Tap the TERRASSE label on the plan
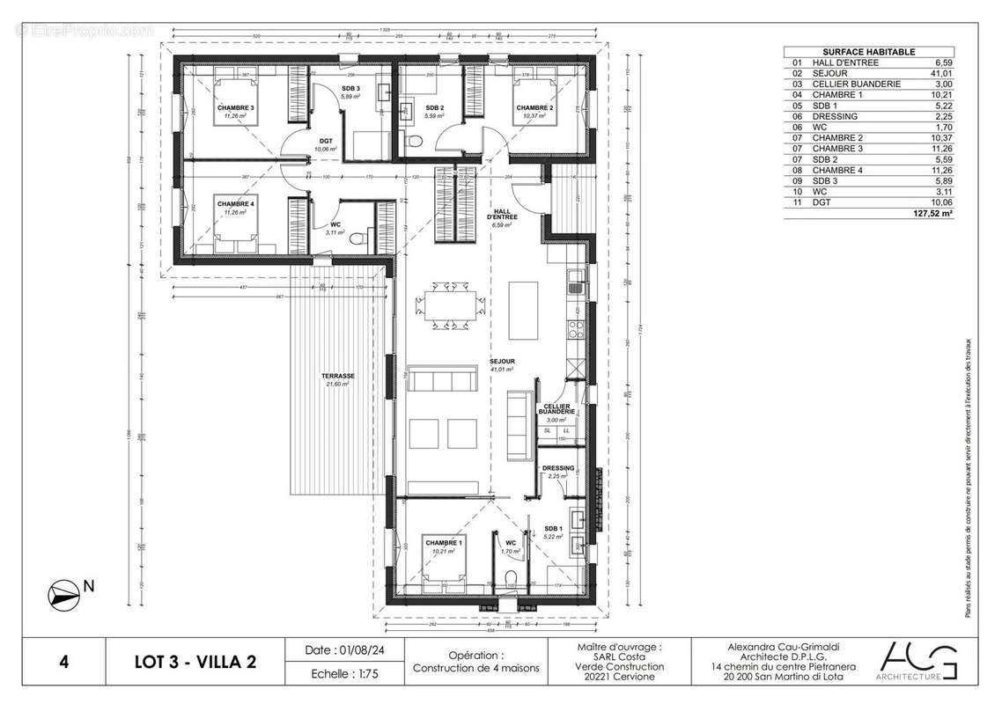pyautogui.click(x=336, y=376)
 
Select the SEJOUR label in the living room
pyautogui.click(x=503, y=362)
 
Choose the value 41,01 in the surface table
pyautogui.click(x=943, y=74)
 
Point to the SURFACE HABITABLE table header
pyautogui.click(x=868, y=52)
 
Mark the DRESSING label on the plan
pyautogui.click(x=558, y=468)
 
